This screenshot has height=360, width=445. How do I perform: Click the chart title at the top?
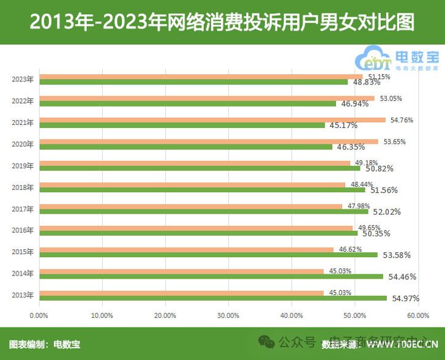click(222, 23)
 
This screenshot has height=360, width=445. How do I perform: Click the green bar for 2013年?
click(212, 298)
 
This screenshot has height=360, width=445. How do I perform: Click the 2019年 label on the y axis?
click(23, 165)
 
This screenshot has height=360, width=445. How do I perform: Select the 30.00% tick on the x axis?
click(228, 315)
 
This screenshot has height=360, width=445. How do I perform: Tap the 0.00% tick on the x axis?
click(39, 315)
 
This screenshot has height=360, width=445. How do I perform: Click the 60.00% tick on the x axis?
click(417, 315)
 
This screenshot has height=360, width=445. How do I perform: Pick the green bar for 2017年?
click(203, 212)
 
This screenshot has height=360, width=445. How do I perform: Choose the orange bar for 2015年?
click(186, 250)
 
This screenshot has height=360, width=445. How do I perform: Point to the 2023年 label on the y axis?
click(23, 79)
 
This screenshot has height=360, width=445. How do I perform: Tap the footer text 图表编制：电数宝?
click(45, 344)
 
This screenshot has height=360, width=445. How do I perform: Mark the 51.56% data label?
click(384, 190)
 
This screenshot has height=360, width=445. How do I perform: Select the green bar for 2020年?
click(185, 147)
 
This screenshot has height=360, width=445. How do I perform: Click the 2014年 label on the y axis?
click(23, 273)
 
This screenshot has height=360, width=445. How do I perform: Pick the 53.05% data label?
click(391, 99)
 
